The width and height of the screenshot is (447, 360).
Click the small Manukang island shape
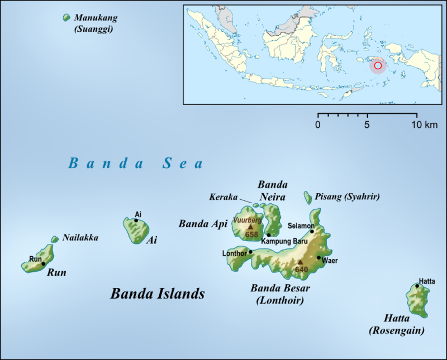(67, 18)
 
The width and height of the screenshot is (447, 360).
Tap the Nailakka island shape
(55, 239)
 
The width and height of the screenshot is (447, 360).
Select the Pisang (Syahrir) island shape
(307, 197)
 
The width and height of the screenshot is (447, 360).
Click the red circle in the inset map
(378, 66)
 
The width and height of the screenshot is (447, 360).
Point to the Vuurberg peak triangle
(250, 227)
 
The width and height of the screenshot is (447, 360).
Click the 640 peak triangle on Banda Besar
(300, 261)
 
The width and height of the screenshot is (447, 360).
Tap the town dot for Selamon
(312, 231)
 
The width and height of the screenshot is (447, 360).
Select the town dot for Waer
(318, 257)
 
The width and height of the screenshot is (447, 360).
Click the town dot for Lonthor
(250, 252)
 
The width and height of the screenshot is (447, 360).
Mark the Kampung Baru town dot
(269, 235)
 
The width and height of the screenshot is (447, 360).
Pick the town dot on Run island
(43, 263)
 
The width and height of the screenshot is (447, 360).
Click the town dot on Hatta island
(417, 286)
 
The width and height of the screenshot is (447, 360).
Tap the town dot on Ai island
(136, 220)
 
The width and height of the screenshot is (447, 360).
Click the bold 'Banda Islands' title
(158, 294)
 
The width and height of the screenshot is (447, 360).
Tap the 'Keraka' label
(222, 196)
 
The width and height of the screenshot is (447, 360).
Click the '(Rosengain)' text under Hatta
(396, 330)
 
